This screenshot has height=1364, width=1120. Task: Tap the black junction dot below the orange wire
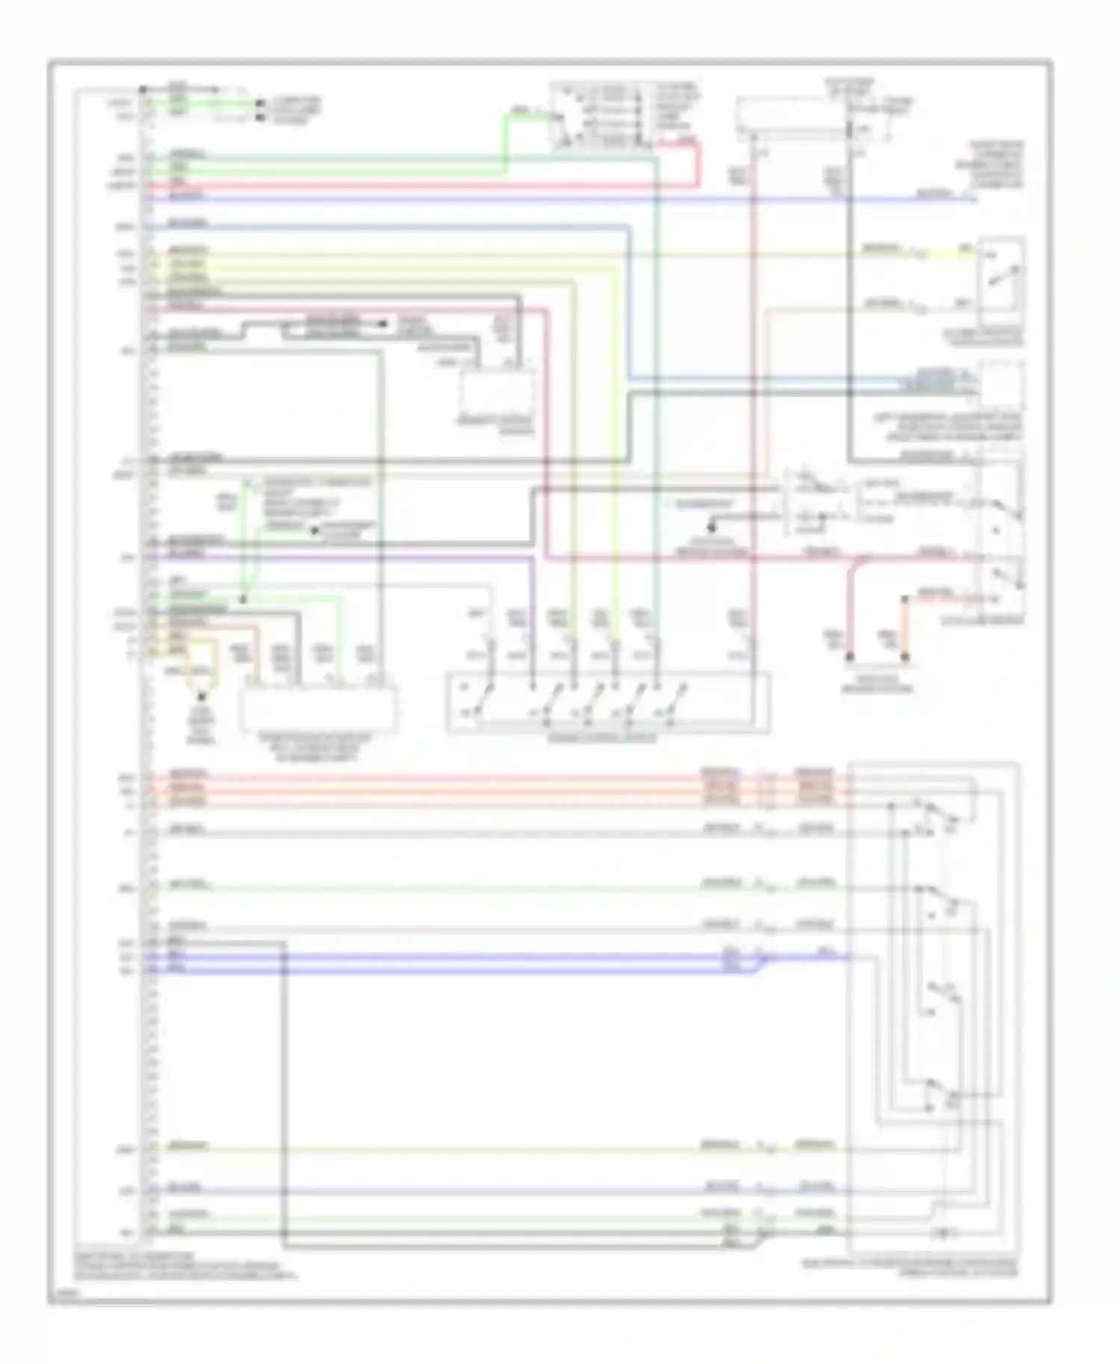(905, 657)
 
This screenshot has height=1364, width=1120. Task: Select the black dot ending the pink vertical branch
(850, 657)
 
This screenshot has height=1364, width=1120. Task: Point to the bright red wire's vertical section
(698, 164)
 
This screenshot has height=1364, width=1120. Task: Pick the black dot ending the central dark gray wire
(712, 528)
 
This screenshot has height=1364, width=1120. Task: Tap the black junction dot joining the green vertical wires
(243, 599)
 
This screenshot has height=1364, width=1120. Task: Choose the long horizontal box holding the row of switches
(609, 703)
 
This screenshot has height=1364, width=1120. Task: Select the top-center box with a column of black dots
(601, 116)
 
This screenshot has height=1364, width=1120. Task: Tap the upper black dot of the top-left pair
(260, 104)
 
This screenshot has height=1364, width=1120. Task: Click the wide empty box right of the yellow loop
(318, 706)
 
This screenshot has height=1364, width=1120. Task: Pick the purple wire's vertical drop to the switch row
(532, 619)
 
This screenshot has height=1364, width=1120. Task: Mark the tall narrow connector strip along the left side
(147, 664)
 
